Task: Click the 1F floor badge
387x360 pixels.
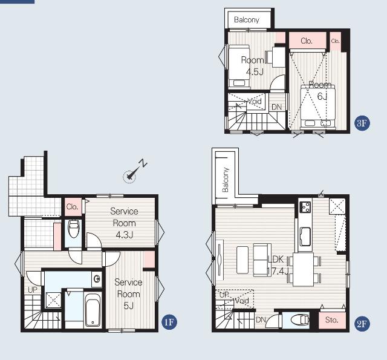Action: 169,322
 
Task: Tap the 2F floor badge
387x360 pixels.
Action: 362,324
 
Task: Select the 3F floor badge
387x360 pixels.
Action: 362,123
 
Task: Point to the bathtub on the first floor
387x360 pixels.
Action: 93,310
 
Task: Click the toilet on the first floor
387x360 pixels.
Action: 74,229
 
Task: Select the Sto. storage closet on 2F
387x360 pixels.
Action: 332,320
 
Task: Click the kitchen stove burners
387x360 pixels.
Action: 305,207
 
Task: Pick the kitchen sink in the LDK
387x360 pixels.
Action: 305,237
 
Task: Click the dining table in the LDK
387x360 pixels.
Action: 304,269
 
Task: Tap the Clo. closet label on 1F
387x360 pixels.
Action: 73,206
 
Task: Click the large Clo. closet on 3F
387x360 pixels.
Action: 307,41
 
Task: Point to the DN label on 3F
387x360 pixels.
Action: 277,107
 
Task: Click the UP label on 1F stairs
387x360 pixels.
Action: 33,290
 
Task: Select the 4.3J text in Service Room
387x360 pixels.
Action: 125,235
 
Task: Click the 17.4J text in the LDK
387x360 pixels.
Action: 278,271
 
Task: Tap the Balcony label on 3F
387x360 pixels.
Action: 247,20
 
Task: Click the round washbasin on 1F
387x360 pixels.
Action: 97,279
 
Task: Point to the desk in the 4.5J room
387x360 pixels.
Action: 279,57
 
